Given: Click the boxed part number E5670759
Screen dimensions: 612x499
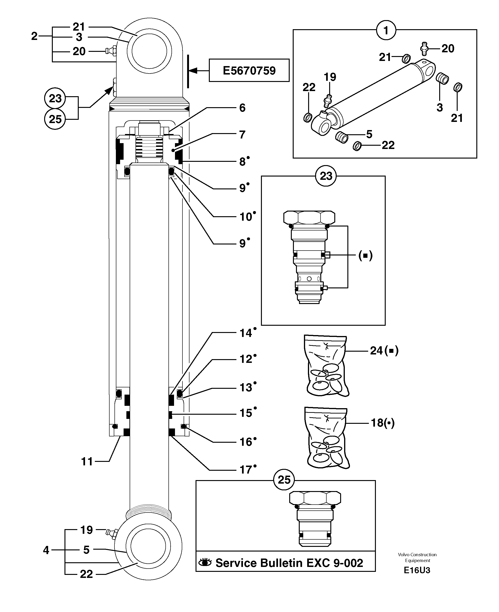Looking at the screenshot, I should pos(249,70).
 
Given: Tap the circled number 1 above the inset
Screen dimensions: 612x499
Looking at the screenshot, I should pos(386,30).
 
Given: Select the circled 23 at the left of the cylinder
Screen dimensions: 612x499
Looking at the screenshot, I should pos(55,98).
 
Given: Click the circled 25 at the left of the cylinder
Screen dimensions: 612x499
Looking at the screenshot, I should pos(55,119).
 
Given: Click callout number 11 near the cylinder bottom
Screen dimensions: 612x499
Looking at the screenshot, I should pos(87,461).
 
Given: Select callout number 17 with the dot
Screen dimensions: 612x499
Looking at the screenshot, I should pos(246,470).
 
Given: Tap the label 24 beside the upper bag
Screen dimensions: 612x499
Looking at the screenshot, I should pos(377,350).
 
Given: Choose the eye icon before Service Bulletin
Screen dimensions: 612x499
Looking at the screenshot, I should pos(205,562).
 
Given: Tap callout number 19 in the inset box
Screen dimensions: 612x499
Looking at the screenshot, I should pos(330,77).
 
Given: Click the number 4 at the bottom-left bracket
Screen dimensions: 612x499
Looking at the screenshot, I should pos(46,550).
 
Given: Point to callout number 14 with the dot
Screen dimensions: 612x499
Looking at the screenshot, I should pos(246,333).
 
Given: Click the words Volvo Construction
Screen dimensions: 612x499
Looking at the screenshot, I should pos(417,555).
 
